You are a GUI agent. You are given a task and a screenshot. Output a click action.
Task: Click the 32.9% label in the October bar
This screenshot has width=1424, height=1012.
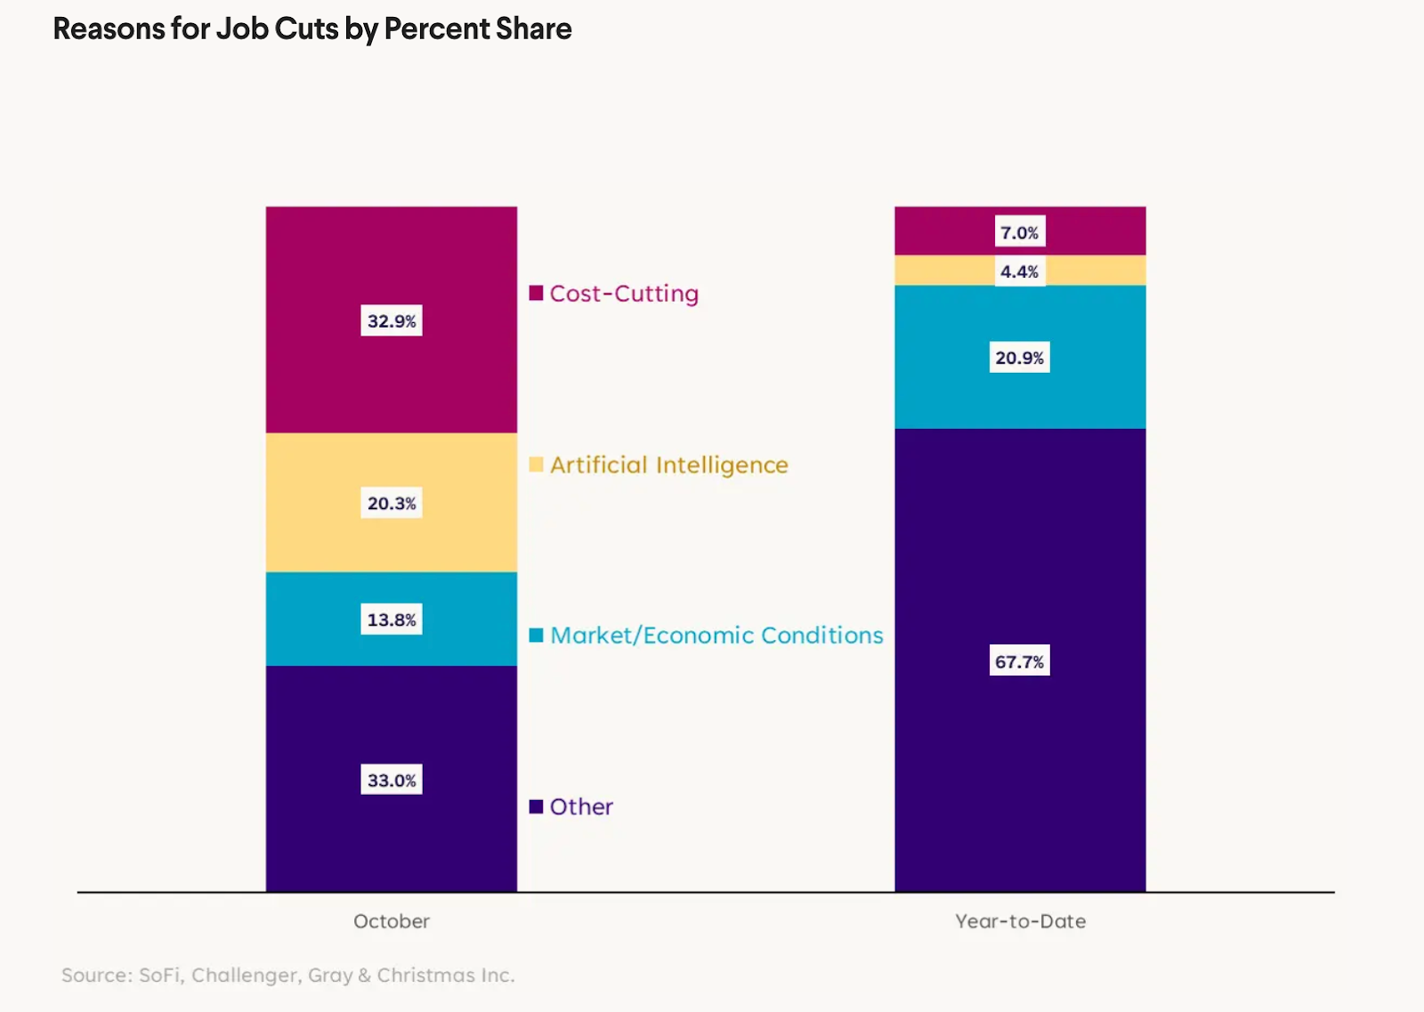click(x=392, y=321)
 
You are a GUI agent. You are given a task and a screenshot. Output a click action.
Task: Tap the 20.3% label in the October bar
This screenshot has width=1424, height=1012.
click(x=392, y=504)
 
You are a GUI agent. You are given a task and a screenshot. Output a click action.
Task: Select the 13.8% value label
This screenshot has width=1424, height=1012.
click(x=392, y=619)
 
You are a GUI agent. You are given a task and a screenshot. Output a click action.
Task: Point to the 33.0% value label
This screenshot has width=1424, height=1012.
click(x=392, y=781)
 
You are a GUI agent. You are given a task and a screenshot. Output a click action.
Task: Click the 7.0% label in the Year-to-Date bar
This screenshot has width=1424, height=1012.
click(x=1019, y=233)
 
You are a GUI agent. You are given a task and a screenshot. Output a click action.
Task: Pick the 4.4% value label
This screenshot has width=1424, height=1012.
click(x=1019, y=271)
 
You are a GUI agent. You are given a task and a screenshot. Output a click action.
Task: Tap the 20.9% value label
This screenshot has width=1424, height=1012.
click(x=1019, y=358)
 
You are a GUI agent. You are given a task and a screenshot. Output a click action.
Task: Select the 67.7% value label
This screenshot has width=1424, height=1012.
click(x=1019, y=661)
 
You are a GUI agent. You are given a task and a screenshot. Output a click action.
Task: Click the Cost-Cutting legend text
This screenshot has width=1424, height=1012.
click(x=624, y=294)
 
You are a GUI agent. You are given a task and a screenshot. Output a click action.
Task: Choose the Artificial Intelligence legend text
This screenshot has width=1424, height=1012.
click(x=668, y=466)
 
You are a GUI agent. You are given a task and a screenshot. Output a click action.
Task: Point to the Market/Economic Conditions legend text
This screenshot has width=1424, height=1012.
click(x=716, y=636)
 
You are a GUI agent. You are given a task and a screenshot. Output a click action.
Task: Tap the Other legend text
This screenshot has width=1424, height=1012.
click(x=581, y=807)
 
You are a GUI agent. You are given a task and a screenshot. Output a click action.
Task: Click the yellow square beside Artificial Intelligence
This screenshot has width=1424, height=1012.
click(x=536, y=465)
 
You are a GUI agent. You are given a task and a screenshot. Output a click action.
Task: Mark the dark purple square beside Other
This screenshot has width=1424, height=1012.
click(x=536, y=806)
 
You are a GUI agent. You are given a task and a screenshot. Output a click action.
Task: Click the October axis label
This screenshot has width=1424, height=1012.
click(x=392, y=921)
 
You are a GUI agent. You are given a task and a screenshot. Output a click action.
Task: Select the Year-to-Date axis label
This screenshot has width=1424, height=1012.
click(x=1020, y=921)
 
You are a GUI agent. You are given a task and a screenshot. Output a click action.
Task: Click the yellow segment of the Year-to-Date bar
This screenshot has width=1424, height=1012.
click(x=943, y=271)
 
